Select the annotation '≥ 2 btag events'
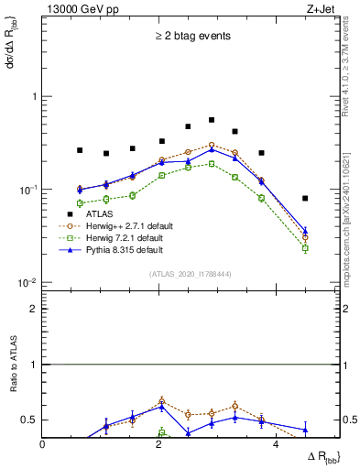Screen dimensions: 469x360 point(192,38)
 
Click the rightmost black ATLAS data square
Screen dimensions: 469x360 point(305,198)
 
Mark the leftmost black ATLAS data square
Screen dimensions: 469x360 point(80,150)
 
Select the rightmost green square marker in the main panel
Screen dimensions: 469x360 point(305,248)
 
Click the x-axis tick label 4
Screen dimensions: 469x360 point(275,445)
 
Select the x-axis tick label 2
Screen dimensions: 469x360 point(159,445)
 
